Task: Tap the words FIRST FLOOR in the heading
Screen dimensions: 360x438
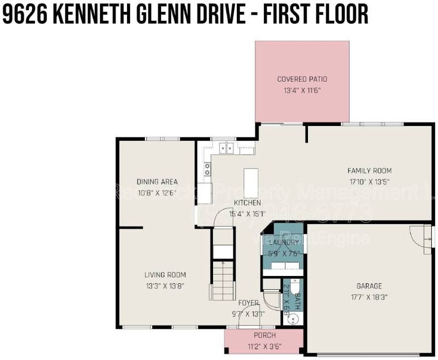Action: pyautogui.click(x=315, y=14)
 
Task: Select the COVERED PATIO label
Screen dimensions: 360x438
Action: pyautogui.click(x=302, y=79)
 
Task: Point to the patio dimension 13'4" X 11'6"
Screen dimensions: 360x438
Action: pyautogui.click(x=302, y=90)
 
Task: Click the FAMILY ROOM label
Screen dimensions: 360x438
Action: pyautogui.click(x=369, y=171)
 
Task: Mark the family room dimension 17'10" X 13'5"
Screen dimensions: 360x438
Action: pyautogui.click(x=369, y=181)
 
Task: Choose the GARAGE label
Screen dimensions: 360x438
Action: pyautogui.click(x=369, y=286)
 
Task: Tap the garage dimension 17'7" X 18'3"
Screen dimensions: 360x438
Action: pyautogui.click(x=369, y=297)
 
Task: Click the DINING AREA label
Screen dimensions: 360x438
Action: pyautogui.click(x=157, y=181)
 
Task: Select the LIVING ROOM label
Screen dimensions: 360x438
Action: pyautogui.click(x=165, y=275)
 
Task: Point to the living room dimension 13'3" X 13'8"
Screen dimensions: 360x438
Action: pyautogui.click(x=165, y=286)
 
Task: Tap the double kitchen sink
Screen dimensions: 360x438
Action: pyautogui.click(x=227, y=147)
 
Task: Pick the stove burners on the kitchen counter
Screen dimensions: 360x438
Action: pyautogui.click(x=207, y=169)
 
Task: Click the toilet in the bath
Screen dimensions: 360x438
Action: pyautogui.click(x=294, y=287)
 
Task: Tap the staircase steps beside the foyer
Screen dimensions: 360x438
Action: pyautogui.click(x=222, y=279)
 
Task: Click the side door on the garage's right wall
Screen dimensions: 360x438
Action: pyautogui.click(x=426, y=240)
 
